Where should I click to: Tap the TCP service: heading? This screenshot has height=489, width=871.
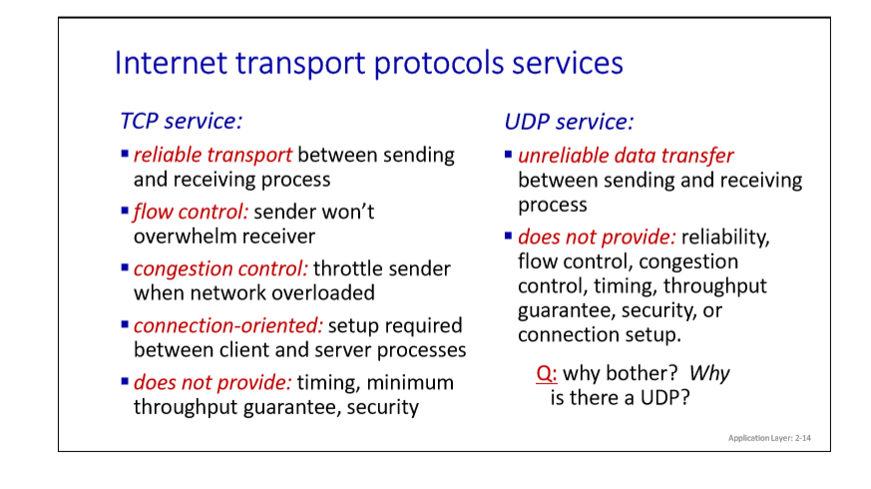(182, 121)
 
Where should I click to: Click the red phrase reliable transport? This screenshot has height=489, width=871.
(213, 155)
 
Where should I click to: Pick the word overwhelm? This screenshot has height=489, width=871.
(184, 237)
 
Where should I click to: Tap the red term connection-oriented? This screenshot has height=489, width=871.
(222, 326)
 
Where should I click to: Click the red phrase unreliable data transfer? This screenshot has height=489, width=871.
(626, 156)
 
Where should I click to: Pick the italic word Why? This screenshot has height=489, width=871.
(709, 373)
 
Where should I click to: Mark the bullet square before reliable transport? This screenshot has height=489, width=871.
(125, 155)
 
